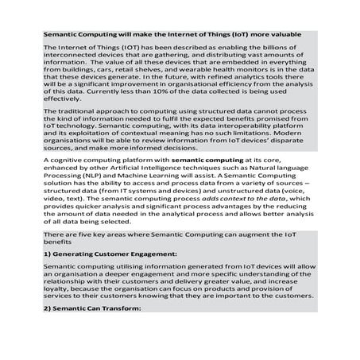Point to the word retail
tap(124, 71)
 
